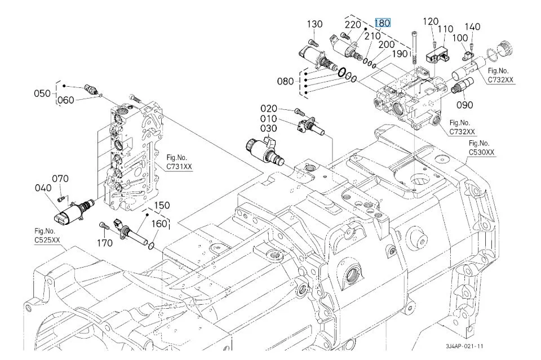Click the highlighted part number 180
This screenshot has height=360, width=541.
click(x=383, y=23)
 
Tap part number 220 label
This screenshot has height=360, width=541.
click(x=353, y=24)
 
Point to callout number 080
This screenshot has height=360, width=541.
click(x=286, y=81)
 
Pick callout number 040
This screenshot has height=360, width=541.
click(x=43, y=188)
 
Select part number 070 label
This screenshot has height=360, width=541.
click(x=60, y=179)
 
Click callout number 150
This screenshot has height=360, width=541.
click(x=162, y=205)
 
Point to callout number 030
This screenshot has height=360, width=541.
click(x=268, y=129)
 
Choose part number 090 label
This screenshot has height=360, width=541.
click(x=465, y=104)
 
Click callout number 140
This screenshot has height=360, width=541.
click(x=473, y=26)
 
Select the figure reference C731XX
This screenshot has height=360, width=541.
click(x=179, y=166)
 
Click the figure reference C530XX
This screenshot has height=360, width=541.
click(x=482, y=153)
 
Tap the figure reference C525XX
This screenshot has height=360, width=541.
click(x=47, y=241)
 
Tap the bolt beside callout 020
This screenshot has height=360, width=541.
click(x=299, y=111)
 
